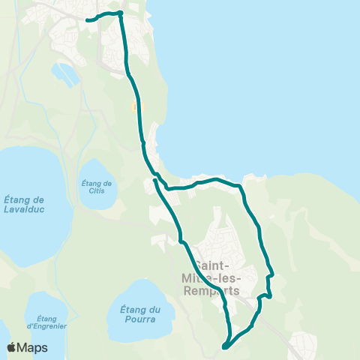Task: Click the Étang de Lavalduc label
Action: click(x=25, y=204)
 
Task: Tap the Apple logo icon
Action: click(x=11, y=347)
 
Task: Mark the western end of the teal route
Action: click(x=87, y=20)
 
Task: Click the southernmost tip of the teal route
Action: click(x=224, y=347)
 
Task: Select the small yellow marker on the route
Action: click(x=135, y=107)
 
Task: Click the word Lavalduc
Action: click(x=25, y=209)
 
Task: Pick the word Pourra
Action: click(x=141, y=319)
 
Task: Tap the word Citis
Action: click(x=97, y=191)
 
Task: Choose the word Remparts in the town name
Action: click(x=216, y=291)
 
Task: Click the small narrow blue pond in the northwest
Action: click(x=66, y=74)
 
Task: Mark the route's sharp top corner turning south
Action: click(x=120, y=13)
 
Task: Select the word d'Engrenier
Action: click(x=46, y=327)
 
